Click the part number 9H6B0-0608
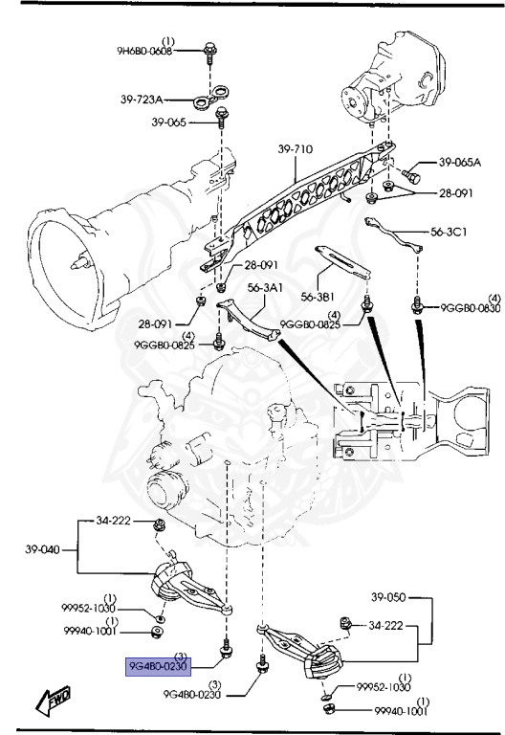(x=146, y=52)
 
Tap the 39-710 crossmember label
(x=296, y=149)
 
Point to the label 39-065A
(x=460, y=164)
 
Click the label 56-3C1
(x=450, y=232)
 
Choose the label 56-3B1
(x=321, y=296)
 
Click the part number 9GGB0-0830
(x=470, y=307)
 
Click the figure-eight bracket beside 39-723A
(x=209, y=97)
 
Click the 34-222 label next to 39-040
(x=114, y=521)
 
